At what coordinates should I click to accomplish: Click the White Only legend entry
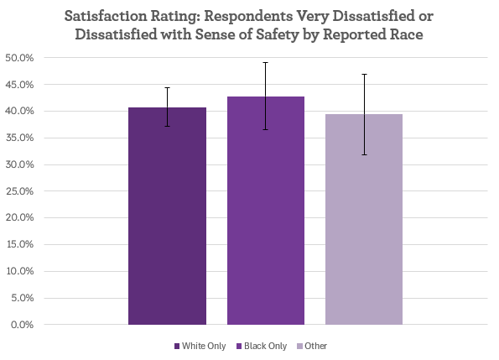point(200,347)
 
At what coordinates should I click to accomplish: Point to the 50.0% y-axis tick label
point(18,58)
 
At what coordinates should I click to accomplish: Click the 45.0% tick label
point(18,85)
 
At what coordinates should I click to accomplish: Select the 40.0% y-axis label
point(18,112)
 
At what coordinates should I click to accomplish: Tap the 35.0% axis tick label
point(18,138)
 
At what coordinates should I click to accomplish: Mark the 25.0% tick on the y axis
point(18,191)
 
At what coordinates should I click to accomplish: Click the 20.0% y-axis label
point(18,218)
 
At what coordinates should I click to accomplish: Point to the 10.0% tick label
point(18,271)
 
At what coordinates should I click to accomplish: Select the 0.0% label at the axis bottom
point(21,325)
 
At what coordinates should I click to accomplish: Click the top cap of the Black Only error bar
point(266,62)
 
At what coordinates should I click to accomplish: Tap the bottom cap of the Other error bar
point(364,154)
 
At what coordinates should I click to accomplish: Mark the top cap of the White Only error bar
point(167,87)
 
